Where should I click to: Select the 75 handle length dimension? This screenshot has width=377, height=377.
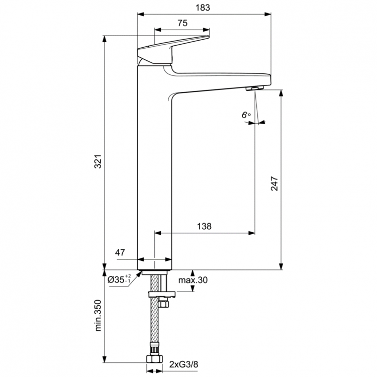point(182,23)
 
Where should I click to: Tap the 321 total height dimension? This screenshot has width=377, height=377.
point(99,161)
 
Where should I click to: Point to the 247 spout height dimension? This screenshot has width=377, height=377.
point(274,184)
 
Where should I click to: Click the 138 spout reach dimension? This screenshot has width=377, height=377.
point(203,227)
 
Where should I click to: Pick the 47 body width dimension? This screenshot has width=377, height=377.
point(119,253)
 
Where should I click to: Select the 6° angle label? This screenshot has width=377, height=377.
point(246,115)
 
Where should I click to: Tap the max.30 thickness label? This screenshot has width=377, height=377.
point(192,280)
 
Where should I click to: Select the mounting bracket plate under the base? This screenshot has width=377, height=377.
point(161,293)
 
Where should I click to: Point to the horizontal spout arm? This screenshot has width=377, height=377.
point(221,80)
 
